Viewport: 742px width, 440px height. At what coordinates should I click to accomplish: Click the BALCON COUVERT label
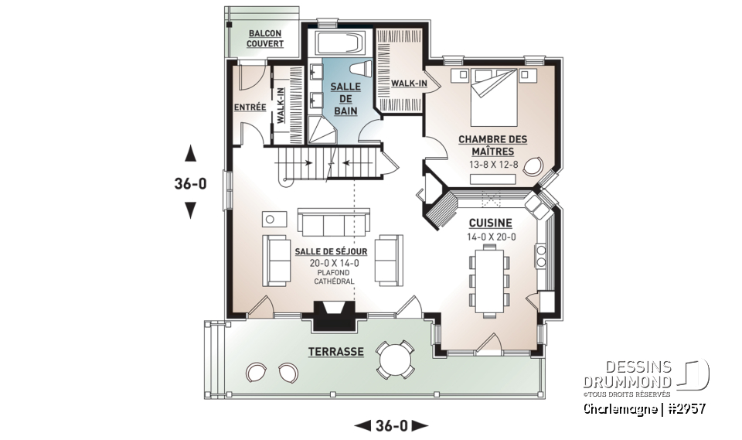tap(264, 39)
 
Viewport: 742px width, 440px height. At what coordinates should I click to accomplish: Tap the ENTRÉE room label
tap(249, 107)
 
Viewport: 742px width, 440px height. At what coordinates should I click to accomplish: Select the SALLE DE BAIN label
tap(345, 99)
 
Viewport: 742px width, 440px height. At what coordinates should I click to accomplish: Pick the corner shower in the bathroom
tap(323, 131)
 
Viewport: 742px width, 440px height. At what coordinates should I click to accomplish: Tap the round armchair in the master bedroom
tap(533, 166)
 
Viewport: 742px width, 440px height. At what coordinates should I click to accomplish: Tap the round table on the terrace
tap(395, 358)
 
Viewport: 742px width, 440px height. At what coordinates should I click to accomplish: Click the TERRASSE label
tap(335, 351)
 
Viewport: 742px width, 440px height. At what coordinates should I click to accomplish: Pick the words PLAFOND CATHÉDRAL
tap(334, 278)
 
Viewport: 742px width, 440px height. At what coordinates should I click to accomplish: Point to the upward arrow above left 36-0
tap(190, 152)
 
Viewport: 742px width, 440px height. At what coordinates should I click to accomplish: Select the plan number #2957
tap(685, 407)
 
